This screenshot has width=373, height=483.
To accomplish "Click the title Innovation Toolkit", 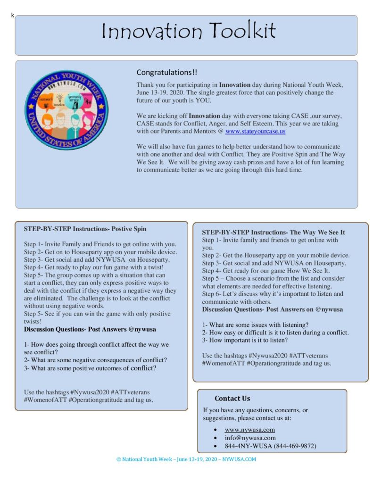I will tap(189, 32).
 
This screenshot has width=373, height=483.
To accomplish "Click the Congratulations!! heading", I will tap(167, 73).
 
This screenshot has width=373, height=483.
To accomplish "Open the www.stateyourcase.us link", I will tap(255, 132).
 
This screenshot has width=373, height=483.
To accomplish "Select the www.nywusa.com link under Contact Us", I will tap(249, 430).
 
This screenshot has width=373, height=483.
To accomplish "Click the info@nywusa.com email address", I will tap(250, 438).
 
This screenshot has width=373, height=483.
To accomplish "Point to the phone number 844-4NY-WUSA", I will tap(270, 446).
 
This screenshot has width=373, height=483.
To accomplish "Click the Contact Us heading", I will tap(232, 399).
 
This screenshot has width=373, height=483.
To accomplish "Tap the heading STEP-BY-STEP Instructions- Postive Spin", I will tap(85, 229).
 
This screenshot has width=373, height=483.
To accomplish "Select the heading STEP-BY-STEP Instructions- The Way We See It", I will tap(274, 233).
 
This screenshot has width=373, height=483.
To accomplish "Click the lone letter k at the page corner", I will tap(13, 16).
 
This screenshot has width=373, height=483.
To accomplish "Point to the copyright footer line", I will tap(186, 459).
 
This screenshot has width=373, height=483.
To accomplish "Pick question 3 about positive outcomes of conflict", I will tap(90, 368).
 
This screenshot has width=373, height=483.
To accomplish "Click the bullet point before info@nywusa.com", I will tap(215, 438).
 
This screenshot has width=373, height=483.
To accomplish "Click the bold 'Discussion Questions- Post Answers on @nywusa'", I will tap(273, 309).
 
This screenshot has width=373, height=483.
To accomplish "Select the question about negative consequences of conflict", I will tap(95, 360).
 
